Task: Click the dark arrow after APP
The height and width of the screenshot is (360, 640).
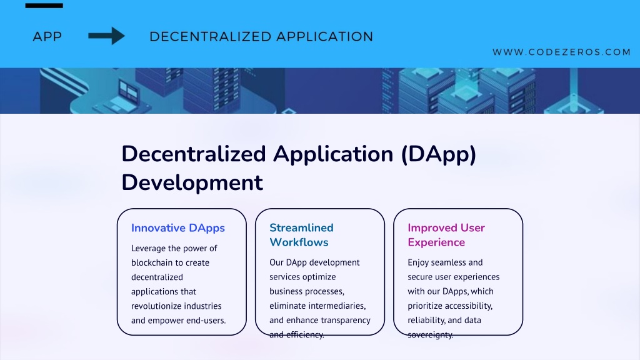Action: click(106, 36)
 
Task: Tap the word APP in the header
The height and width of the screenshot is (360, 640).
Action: click(47, 37)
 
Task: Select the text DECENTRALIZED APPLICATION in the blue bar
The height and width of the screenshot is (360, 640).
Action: click(261, 37)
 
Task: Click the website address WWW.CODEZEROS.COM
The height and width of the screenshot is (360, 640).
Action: click(562, 52)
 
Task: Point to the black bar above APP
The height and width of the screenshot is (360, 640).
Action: click(44, 6)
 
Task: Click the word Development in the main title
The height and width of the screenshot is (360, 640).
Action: click(192, 182)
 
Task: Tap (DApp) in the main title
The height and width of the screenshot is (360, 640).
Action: click(439, 155)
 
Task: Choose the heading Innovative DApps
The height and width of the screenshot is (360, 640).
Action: click(178, 227)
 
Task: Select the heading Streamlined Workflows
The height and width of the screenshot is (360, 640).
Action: click(301, 235)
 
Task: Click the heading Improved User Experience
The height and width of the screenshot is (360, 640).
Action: click(446, 235)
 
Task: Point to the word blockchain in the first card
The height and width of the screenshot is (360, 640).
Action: click(152, 262)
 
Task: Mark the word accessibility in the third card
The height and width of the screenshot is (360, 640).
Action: click(469, 306)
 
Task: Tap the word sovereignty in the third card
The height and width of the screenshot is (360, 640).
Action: click(430, 335)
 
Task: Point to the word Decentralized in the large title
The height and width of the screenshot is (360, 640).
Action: click(194, 154)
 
